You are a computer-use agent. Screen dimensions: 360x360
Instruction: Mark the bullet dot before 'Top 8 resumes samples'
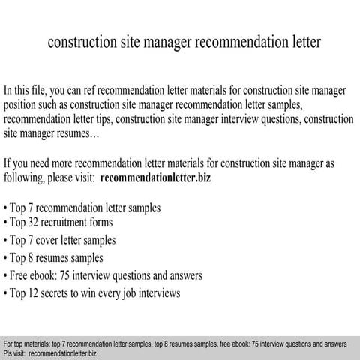[7, 258]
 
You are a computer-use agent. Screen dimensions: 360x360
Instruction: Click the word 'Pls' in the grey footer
[8, 352]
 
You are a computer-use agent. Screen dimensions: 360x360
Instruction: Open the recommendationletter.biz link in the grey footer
[64, 352]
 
